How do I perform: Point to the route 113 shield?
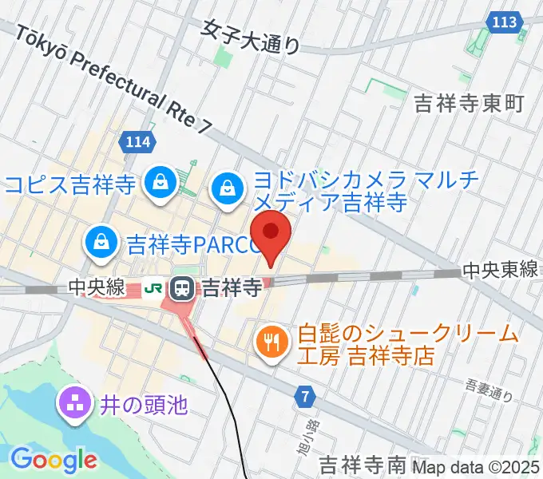(x=505, y=22)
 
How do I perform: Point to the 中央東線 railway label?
(x=500, y=271)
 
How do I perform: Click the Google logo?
(x=54, y=459)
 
